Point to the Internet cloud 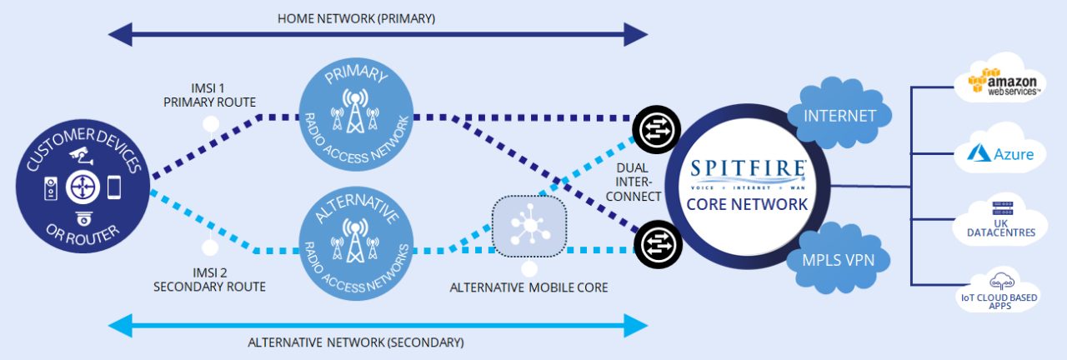coord(839,116)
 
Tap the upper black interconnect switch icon coord(652,127)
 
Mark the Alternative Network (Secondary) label coord(356,342)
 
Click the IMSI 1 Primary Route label coord(211,95)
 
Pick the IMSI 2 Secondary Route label coord(210,279)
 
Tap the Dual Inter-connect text coord(639,182)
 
